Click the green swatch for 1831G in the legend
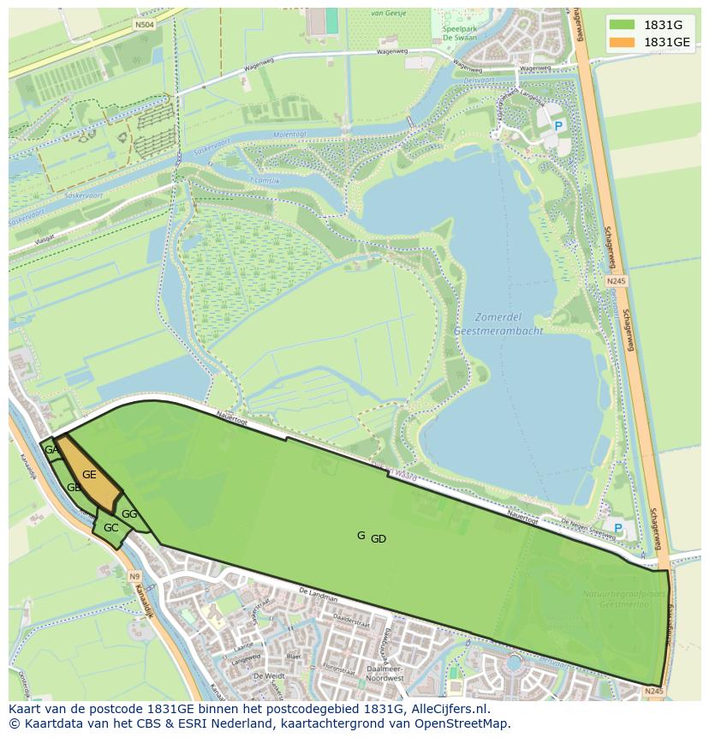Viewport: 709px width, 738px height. [623, 25]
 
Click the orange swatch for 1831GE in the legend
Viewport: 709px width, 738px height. [623, 42]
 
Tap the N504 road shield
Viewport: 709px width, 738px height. [144, 26]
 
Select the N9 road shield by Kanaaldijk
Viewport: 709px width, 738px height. [134, 577]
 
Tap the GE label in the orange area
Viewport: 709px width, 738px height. [89, 474]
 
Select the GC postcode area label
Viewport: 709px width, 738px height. [110, 528]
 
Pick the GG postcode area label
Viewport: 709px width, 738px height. [129, 514]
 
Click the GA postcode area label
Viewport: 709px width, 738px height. [51, 450]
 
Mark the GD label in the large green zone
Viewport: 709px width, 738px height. [378, 539]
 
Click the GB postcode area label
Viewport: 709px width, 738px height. [74, 488]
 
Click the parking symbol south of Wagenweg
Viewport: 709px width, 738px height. [558, 126]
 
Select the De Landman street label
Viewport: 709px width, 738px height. [318, 596]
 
